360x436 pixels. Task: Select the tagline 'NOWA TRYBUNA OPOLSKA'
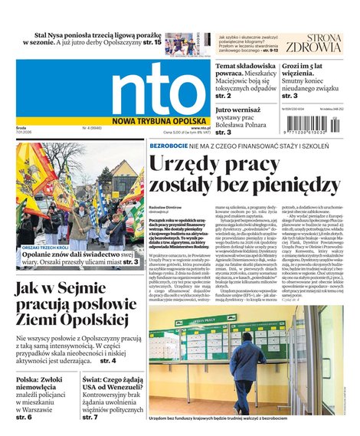pyautogui.click(x=155, y=119)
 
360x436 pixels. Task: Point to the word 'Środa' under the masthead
pyautogui.click(x=22, y=129)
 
